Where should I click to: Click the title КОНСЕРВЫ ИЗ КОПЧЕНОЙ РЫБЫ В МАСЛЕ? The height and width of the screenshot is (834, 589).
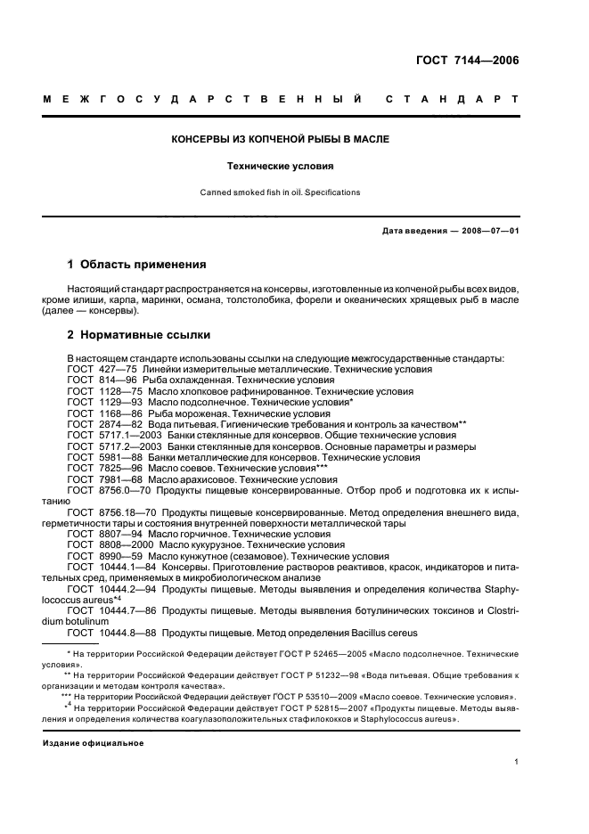click(x=281, y=140)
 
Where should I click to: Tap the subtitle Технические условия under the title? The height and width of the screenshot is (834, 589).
click(x=281, y=166)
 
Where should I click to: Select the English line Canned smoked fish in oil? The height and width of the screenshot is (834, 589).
click(x=281, y=192)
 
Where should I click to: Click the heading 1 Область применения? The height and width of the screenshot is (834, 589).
click(x=137, y=265)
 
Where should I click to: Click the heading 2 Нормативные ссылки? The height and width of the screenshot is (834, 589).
click(x=139, y=335)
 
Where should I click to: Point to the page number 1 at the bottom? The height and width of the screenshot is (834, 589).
click(x=516, y=762)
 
